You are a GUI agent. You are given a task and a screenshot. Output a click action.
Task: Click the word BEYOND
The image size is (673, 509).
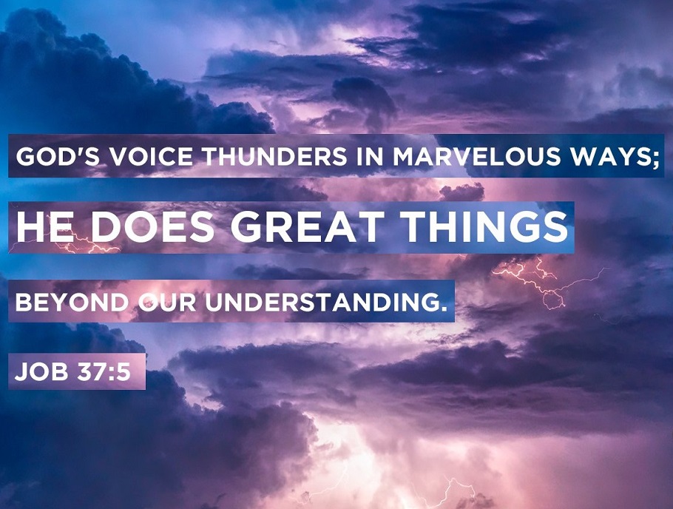pos(72,303)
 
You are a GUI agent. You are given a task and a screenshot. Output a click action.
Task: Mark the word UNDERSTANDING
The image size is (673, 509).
pos(318,303)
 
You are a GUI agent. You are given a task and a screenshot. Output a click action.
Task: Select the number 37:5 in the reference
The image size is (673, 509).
pos(104,371)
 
